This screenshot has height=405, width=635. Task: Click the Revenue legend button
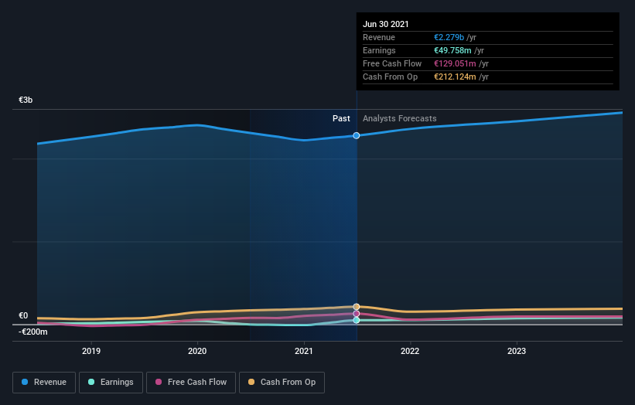click(x=45, y=382)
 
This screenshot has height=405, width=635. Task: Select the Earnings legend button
click(x=111, y=382)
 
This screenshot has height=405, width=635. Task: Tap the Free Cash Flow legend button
click(x=190, y=382)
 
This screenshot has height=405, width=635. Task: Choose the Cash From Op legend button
click(x=282, y=382)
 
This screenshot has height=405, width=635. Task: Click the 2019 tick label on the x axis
click(x=91, y=351)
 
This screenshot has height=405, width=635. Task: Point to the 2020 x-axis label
click(x=197, y=351)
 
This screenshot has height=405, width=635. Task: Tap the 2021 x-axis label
click(x=304, y=351)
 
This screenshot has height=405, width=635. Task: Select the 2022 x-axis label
click(x=410, y=351)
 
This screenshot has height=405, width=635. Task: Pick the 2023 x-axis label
click(x=517, y=351)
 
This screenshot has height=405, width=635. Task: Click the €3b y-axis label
click(x=26, y=100)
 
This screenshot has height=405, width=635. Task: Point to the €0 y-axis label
click(x=23, y=315)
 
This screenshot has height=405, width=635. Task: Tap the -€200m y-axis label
click(x=33, y=332)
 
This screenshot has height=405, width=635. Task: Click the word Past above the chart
click(x=341, y=118)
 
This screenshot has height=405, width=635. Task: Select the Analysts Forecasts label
click(x=399, y=118)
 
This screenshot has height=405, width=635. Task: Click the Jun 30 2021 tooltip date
click(x=386, y=24)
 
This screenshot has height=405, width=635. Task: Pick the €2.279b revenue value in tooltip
click(x=449, y=37)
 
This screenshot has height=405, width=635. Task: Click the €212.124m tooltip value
click(x=456, y=77)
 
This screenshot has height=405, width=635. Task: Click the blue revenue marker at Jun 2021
click(x=357, y=135)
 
